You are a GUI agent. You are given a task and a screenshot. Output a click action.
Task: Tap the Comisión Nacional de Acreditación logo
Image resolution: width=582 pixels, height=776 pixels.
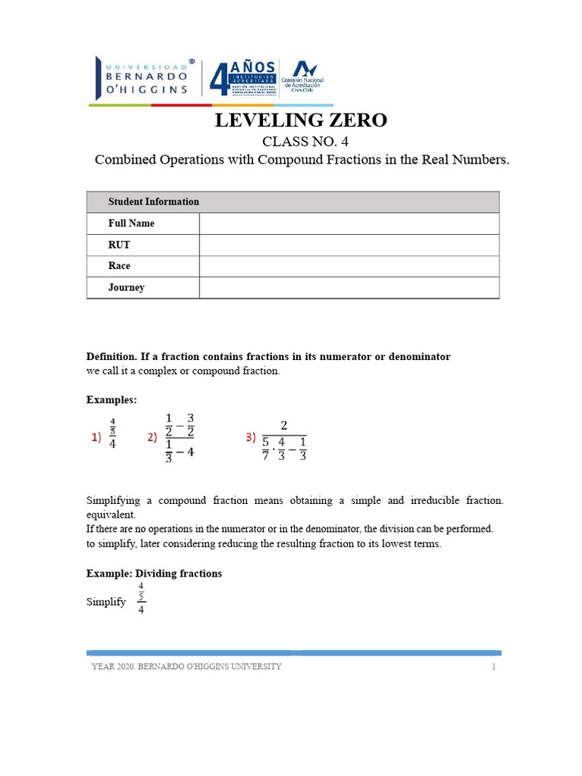tap(302, 79)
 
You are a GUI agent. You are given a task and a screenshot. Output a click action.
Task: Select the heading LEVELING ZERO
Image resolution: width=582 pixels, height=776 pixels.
tap(301, 120)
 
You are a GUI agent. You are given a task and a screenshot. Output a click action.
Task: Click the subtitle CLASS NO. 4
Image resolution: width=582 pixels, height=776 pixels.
tap(302, 142)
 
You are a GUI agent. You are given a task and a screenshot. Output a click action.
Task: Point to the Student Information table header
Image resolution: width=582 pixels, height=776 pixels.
tap(153, 202)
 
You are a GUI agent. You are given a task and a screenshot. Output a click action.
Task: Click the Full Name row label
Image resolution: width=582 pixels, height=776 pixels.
tap(131, 224)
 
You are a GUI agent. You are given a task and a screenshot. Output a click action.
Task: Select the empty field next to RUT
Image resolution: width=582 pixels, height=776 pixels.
tap(349, 246)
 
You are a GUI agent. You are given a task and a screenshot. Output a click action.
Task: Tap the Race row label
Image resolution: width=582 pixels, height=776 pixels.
tap(119, 267)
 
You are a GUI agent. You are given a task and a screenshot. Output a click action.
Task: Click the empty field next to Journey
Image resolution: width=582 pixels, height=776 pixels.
tap(349, 288)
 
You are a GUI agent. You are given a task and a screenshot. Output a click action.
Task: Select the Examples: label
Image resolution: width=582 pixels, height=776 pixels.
tap(111, 399)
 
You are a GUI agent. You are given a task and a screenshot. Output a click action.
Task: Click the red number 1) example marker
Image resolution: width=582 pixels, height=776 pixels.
tap(97, 437)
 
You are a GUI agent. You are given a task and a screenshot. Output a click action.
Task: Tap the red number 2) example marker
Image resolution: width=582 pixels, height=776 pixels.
tap(152, 437)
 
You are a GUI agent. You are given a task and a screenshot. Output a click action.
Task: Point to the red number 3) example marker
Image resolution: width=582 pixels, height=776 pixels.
tap(251, 437)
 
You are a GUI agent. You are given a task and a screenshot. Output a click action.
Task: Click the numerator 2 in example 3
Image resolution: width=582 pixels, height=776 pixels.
tap(283, 425)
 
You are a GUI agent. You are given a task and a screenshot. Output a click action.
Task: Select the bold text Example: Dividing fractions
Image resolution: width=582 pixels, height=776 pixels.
tap(154, 574)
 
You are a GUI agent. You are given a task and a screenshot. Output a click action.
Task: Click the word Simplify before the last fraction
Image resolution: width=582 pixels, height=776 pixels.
tap(106, 602)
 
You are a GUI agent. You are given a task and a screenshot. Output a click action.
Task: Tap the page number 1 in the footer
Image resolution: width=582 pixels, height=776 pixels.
tap(493, 667)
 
